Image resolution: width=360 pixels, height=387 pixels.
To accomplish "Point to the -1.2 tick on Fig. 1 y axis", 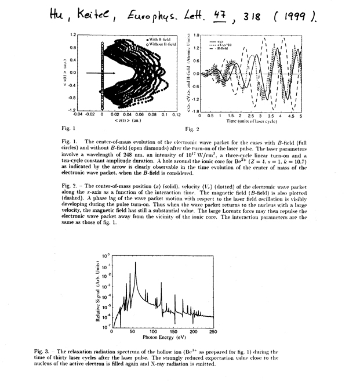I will point(72,109).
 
